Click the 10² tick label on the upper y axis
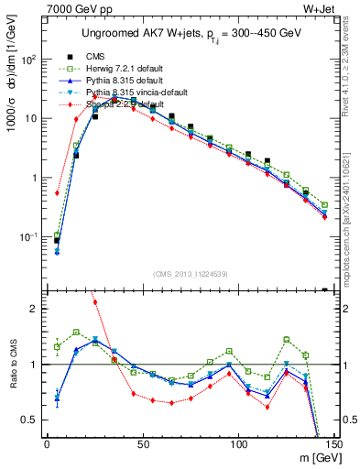[30, 60]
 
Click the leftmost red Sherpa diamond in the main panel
[57, 193]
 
